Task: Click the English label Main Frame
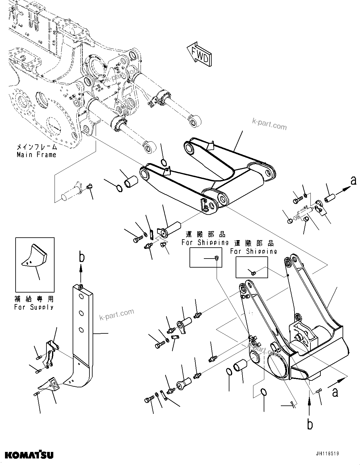click(36, 155)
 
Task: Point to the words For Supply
click(34, 307)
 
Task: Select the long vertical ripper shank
click(83, 331)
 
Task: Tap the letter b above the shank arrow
click(81, 258)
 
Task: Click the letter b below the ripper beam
click(310, 425)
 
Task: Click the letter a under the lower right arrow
click(335, 393)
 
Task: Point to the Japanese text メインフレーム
click(36, 147)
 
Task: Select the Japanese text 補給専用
click(34, 299)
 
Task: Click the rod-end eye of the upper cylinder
click(194, 120)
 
